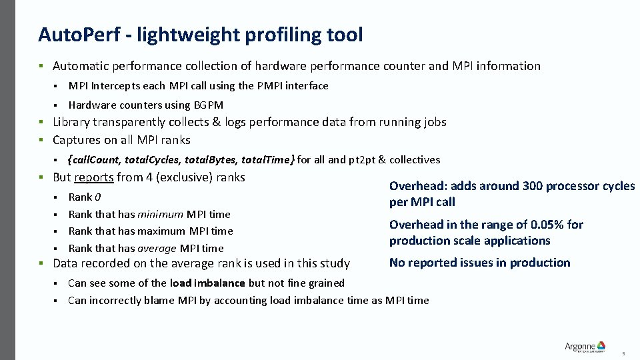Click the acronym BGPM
pyautogui.click(x=209, y=105)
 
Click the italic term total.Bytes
pyautogui.click(x=212, y=159)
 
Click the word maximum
pyautogui.click(x=160, y=231)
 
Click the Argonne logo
pyautogui.click(x=585, y=346)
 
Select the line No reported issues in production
pyautogui.click(x=479, y=263)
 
